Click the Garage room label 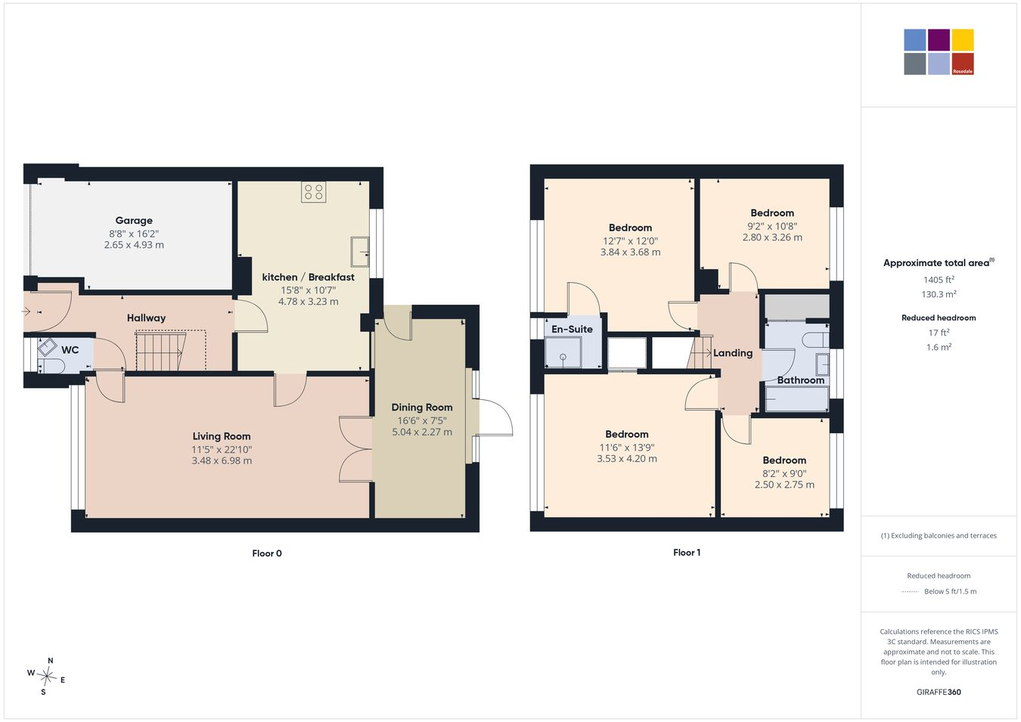[134, 221]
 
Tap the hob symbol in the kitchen [314, 192]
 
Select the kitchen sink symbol [360, 252]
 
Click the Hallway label [146, 318]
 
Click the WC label [70, 350]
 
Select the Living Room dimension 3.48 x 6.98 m [222, 460]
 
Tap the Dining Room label [421, 407]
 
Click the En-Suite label [572, 329]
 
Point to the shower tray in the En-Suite [563, 352]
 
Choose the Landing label [733, 353]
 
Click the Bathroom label [800, 380]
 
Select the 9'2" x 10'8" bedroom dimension [772, 226]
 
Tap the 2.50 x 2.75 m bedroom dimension [784, 485]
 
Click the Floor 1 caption [687, 553]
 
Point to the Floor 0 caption [267, 553]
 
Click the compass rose [46, 677]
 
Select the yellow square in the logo [963, 40]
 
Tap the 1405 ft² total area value [939, 280]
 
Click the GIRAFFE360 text [939, 692]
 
